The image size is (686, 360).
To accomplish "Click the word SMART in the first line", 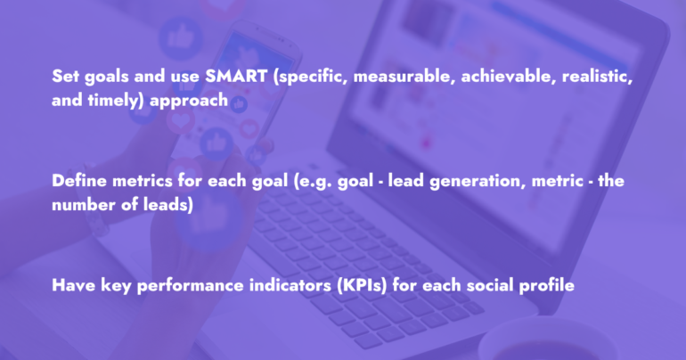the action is coord(236,76).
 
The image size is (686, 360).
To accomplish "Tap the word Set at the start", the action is coord(65,76).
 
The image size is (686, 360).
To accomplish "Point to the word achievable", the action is coord(509,76).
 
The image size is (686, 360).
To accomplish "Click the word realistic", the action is coord(597,76).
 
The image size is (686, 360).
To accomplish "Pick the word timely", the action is coord(116,101).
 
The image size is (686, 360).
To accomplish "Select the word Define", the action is coord(79,181).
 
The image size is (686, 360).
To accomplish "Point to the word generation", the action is coord(478,182).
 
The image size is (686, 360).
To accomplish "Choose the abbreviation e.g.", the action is coord(313,182).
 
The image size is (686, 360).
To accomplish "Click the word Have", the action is coord(73,285).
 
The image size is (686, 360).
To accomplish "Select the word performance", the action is coord(191,286).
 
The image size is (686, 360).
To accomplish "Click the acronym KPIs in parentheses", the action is coord(363,286).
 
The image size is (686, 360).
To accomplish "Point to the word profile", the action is coord(547,286).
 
